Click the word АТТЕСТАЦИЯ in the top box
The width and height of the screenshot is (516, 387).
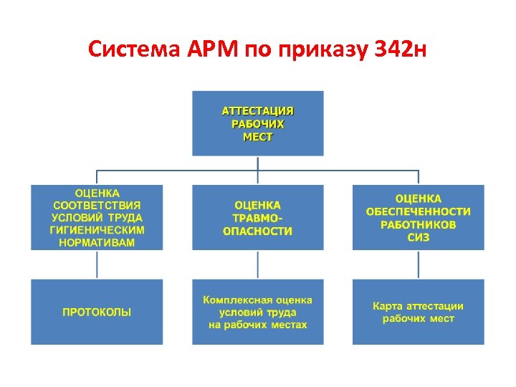tap(258, 111)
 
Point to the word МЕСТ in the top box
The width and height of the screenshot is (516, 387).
tap(258, 136)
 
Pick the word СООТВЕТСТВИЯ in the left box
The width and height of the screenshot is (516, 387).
tap(97, 205)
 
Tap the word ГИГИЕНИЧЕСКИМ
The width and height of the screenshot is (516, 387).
tap(97, 230)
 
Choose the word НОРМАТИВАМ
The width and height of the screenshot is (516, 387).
tap(97, 242)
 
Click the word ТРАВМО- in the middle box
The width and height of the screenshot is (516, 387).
tap(258, 218)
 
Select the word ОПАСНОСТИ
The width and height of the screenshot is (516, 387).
tap(258, 231)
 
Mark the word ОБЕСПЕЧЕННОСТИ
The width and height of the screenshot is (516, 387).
tap(419, 211)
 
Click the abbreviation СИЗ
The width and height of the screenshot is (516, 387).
tap(419, 236)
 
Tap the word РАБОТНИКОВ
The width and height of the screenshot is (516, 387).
tap(419, 224)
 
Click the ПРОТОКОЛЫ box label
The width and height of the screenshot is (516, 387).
tap(97, 312)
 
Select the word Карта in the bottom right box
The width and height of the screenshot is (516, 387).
tap(387, 306)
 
